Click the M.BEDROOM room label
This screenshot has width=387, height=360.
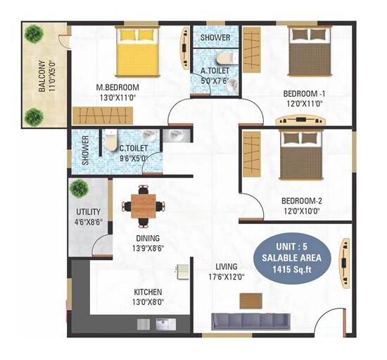pos(118,88)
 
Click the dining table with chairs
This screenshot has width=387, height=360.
pos(143,206)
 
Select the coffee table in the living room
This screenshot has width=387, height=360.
pos(250,300)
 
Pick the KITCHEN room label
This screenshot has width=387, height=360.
pos(148,292)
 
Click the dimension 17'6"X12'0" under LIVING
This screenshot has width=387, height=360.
pos(227,277)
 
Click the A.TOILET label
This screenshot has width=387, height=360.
pos(215,70)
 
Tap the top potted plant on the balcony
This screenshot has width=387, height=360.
pos(34,32)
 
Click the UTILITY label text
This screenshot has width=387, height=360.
pos(89,211)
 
